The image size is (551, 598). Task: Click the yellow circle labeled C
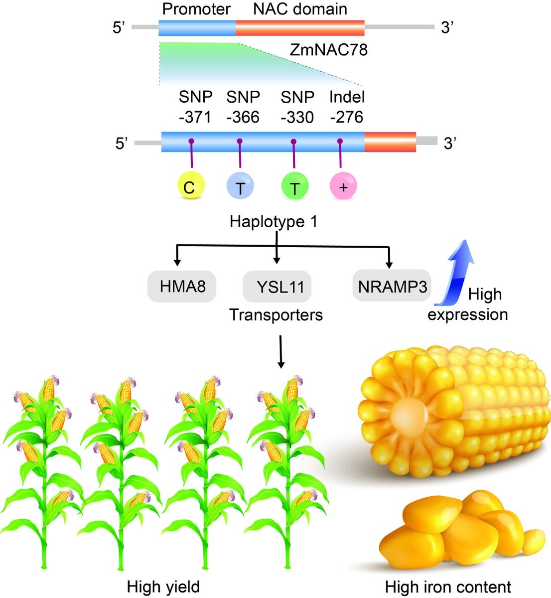click(x=189, y=187)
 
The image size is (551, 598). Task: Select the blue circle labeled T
click(x=240, y=187)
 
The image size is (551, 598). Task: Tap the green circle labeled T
click(x=294, y=187)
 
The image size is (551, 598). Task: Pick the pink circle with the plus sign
click(x=343, y=187)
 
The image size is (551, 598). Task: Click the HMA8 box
click(x=182, y=287)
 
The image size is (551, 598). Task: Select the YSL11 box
click(x=276, y=287)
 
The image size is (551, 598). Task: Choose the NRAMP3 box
click(x=392, y=287)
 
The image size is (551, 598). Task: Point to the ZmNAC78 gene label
click(x=328, y=50)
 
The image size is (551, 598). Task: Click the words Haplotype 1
click(x=274, y=221)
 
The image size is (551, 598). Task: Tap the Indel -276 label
click(x=347, y=107)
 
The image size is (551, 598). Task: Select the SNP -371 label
click(x=195, y=107)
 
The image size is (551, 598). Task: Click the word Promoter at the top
click(x=197, y=9)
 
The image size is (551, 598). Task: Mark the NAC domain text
click(x=300, y=9)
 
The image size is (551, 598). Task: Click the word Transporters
click(x=276, y=314)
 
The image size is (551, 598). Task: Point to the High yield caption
click(x=163, y=587)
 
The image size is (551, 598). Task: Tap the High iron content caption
click(x=448, y=587)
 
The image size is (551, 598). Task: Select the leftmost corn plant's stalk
click(x=46, y=498)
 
